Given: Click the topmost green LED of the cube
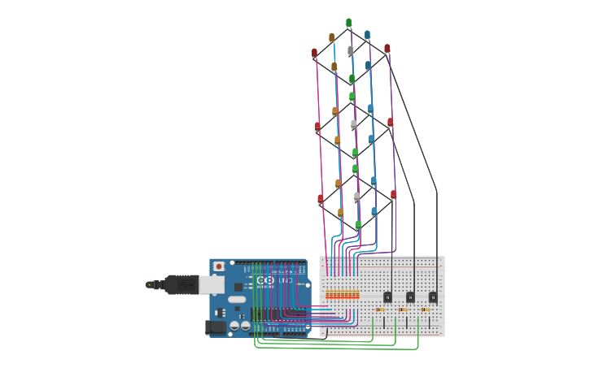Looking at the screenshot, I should tap(348, 23).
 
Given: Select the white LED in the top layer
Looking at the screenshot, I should tap(351, 50).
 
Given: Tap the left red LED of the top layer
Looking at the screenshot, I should tap(315, 53).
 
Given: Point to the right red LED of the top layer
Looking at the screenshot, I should tap(387, 49).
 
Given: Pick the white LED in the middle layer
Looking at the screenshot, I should tap(353, 124).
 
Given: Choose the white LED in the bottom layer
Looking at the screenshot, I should tap(356, 196).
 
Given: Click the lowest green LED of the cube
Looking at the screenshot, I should tap(358, 224).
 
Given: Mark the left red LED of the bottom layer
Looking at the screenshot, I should tap(321, 198).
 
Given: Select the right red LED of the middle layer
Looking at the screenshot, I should tap(391, 122).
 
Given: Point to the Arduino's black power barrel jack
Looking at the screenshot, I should tap(216, 327).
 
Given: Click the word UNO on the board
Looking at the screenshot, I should tap(286, 280).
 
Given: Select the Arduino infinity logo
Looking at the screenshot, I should tap(264, 279).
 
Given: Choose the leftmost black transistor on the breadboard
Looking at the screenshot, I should tap(388, 297).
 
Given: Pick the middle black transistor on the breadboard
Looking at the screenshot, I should tap(410, 297).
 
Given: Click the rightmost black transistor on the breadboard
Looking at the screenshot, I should tap(432, 297).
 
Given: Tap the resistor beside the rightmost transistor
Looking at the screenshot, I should tap(426, 310).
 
